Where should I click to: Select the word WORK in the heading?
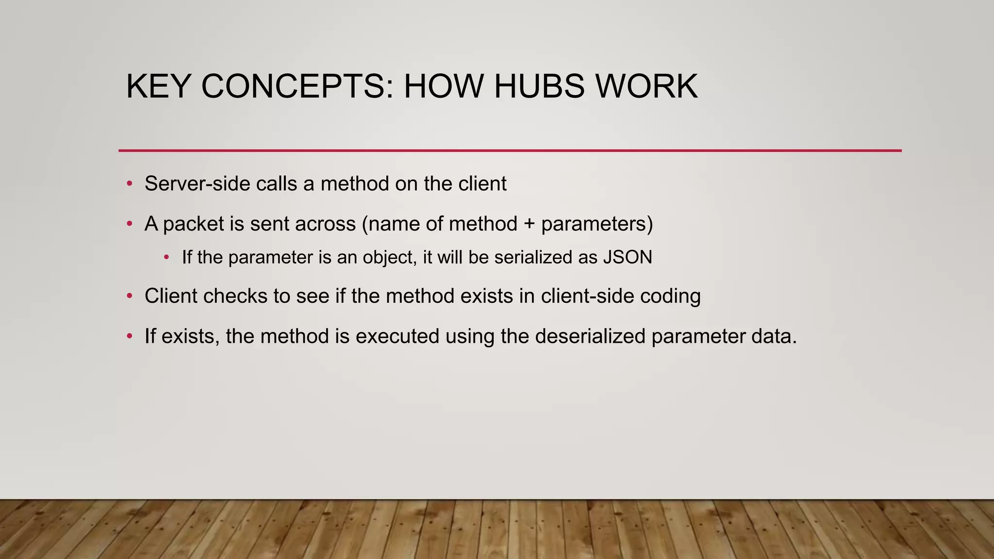click(x=646, y=87)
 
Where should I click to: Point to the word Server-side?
click(x=197, y=184)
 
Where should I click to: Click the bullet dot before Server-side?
click(x=129, y=184)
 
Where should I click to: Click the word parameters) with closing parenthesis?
click(x=597, y=224)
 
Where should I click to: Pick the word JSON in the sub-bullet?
click(x=628, y=257)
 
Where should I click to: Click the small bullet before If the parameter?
click(x=166, y=257)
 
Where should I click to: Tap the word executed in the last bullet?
click(x=398, y=336)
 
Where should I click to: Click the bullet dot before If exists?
click(x=129, y=336)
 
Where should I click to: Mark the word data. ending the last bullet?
click(x=774, y=336)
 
